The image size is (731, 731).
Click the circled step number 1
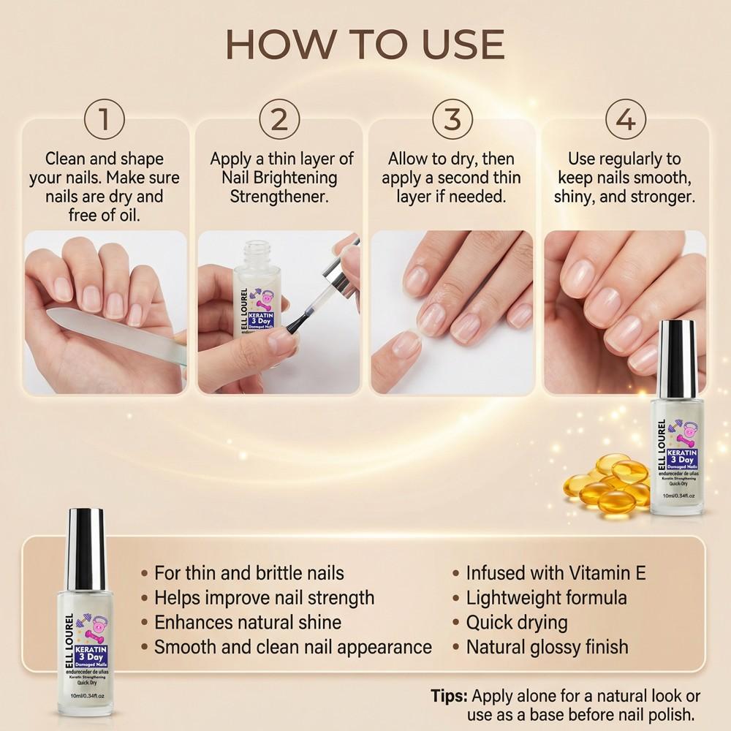tap(105, 119)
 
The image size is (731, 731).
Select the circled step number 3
tap(452, 119)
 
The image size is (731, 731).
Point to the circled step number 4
tap(626, 119)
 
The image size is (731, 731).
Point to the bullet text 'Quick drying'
tap(517, 622)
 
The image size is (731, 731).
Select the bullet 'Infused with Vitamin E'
tap(556, 572)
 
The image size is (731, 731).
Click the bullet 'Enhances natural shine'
tap(247, 622)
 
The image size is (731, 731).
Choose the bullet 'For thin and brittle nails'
tap(249, 572)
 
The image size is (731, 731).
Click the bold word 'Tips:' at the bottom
tap(450, 695)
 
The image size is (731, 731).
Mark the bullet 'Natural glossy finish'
tap(547, 647)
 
